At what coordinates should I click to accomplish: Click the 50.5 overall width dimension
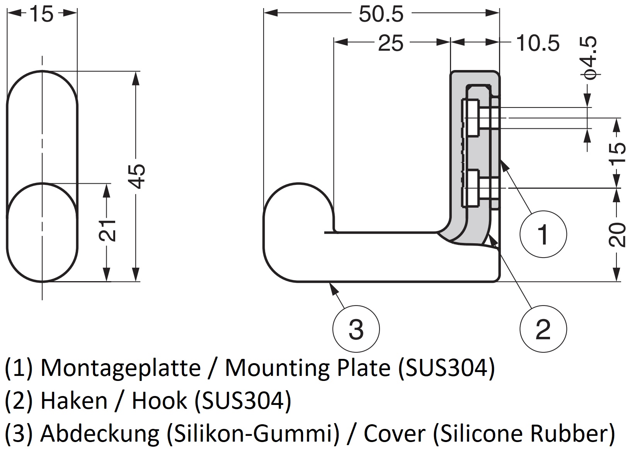381,14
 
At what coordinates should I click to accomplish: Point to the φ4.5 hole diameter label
589,58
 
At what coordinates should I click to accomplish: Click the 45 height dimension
137,176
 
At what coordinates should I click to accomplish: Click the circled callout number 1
543,234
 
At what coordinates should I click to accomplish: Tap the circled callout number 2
543,329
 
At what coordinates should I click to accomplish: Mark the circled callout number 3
356,329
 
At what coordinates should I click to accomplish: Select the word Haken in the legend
74,401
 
